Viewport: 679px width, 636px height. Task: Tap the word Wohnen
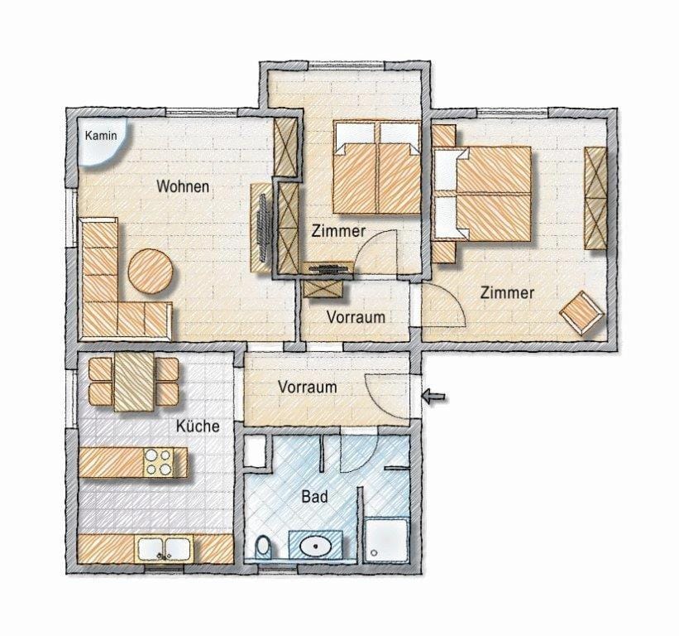pos(183,186)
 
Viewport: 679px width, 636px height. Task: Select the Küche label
pos(198,426)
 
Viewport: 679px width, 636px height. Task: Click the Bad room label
pos(314,497)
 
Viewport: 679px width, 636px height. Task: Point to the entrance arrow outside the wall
pos(433,397)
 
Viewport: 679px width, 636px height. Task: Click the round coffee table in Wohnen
pos(151,271)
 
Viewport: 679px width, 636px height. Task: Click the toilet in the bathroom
pos(263,547)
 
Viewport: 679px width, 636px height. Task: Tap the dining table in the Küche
pos(133,380)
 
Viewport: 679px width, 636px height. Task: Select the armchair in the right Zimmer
pos(582,313)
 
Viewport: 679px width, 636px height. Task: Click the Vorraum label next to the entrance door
pos(307,387)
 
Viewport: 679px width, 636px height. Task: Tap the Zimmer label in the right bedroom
pos(507,292)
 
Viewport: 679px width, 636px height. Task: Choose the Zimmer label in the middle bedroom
pos(338,232)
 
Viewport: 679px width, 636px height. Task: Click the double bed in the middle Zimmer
pos(376,167)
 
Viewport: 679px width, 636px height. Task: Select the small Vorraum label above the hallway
pos(356,316)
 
